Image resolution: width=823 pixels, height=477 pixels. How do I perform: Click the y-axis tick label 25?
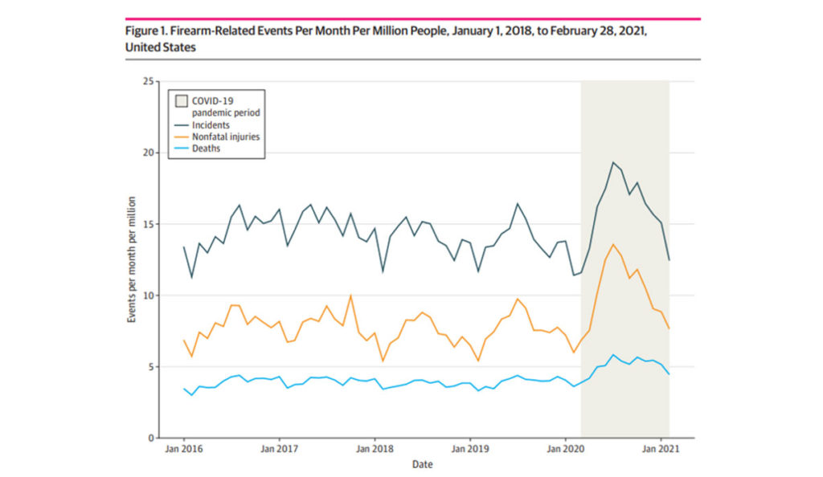(x=148, y=81)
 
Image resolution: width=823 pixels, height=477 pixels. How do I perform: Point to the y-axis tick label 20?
(x=148, y=153)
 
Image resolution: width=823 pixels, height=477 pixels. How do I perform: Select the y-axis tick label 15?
(x=148, y=224)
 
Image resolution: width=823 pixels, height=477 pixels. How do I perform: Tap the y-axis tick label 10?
(x=148, y=296)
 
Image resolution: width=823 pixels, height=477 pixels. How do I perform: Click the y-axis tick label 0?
(x=150, y=438)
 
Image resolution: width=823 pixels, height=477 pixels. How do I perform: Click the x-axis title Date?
(x=423, y=465)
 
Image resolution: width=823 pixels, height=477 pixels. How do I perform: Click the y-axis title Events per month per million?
(x=131, y=259)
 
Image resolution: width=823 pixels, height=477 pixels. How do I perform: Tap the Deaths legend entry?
(x=207, y=149)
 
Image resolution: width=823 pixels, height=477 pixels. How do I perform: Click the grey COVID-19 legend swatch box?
(x=181, y=100)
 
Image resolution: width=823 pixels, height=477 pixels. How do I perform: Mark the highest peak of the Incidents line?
(x=613, y=162)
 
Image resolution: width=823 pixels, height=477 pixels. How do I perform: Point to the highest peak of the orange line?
(x=613, y=244)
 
